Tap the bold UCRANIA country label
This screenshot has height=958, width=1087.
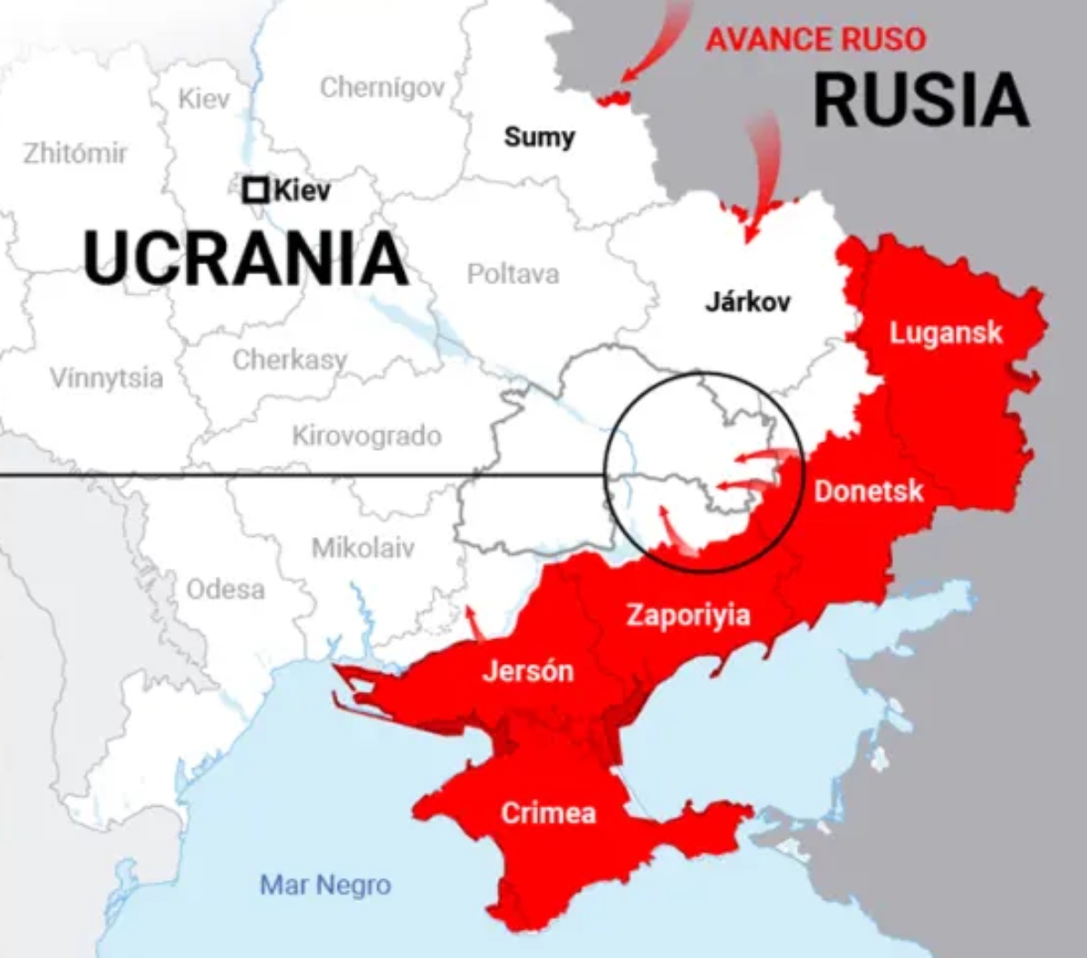point(245,258)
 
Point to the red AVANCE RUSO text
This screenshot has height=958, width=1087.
point(815,40)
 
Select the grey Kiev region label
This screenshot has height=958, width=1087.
point(204,98)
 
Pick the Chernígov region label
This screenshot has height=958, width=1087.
point(382,87)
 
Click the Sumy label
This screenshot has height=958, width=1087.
point(539,137)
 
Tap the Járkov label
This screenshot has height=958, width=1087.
point(747,302)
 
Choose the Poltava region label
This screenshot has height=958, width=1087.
point(513,273)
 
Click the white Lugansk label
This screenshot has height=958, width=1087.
point(946,333)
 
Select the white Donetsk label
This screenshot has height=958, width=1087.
point(868,491)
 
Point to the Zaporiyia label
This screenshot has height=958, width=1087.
point(688,616)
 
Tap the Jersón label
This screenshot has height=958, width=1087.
point(528,671)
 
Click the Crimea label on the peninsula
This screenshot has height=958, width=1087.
point(548,812)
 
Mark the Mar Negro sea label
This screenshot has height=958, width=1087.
point(325,885)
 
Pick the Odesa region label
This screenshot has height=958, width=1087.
point(226,589)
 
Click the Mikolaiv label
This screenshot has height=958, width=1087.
point(362,547)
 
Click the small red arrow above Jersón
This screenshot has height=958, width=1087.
point(473,623)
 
